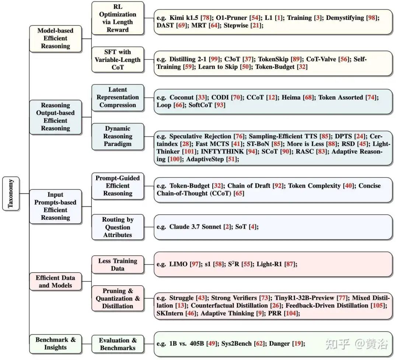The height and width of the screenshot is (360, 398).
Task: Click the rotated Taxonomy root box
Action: pos(11,193)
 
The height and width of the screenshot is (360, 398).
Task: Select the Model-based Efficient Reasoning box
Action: pos(55,38)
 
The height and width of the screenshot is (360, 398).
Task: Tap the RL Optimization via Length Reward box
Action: pos(118,18)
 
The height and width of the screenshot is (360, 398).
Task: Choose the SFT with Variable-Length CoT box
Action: pos(118,59)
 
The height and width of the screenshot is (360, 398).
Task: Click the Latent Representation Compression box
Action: pos(118,97)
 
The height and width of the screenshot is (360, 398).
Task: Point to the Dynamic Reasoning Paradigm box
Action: pos(118,136)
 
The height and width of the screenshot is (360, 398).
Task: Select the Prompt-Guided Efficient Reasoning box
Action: pos(118,186)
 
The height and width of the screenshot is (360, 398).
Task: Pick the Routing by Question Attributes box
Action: pos(118,227)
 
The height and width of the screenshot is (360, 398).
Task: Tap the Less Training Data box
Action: pos(118,264)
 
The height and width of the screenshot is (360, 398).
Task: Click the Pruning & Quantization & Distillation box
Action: pos(118,298)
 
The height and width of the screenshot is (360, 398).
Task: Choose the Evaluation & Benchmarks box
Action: pos(118,344)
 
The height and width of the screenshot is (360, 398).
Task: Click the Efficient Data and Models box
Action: pos(55,281)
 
